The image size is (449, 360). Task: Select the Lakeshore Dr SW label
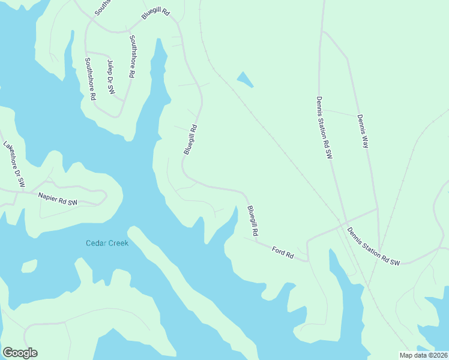click(13, 164)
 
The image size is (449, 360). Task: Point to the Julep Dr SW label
click(110, 76)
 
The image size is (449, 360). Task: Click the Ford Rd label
click(282, 253)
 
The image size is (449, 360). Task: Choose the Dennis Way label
click(362, 131)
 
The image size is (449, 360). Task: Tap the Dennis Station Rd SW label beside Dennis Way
click(324, 127)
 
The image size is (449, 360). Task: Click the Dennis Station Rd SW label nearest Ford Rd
click(373, 245)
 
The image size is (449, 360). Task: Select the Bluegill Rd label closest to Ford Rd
click(253, 220)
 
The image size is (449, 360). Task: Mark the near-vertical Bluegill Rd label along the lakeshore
click(190, 140)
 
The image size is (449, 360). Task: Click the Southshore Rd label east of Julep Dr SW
click(131, 56)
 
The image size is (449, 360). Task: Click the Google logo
click(20, 353)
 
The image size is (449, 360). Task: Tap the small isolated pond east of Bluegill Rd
click(244, 79)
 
